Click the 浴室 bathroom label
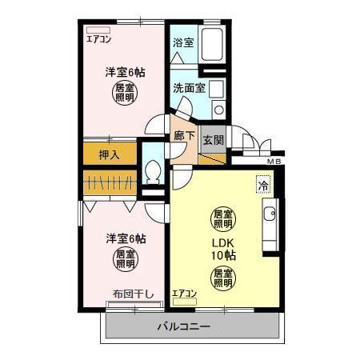[183, 42]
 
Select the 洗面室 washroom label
[189, 88]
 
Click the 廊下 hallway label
[185, 136]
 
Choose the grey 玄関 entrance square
[213, 140]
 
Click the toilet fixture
[153, 173]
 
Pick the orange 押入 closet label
[109, 154]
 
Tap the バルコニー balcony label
[184, 327]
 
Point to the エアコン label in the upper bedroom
[99, 38]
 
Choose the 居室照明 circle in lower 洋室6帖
[124, 259]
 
